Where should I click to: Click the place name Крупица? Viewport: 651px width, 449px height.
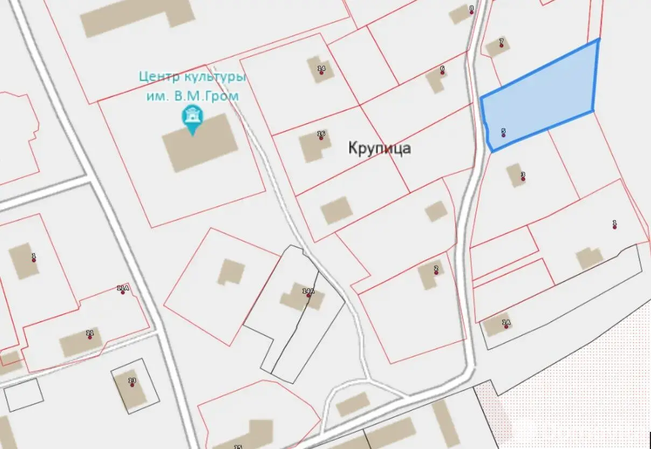379,148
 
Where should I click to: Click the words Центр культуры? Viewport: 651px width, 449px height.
192,77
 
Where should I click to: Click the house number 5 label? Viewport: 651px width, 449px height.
503,131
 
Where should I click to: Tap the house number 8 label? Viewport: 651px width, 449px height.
472,8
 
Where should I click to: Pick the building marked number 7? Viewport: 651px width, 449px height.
496,48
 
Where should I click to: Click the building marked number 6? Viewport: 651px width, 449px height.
435,81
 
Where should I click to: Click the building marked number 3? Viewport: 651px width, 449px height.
516,175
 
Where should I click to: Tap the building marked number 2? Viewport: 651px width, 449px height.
429,274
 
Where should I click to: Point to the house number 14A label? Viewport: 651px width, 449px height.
308,291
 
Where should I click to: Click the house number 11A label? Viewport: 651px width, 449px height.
123,288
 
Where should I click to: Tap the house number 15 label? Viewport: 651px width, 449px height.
237,446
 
